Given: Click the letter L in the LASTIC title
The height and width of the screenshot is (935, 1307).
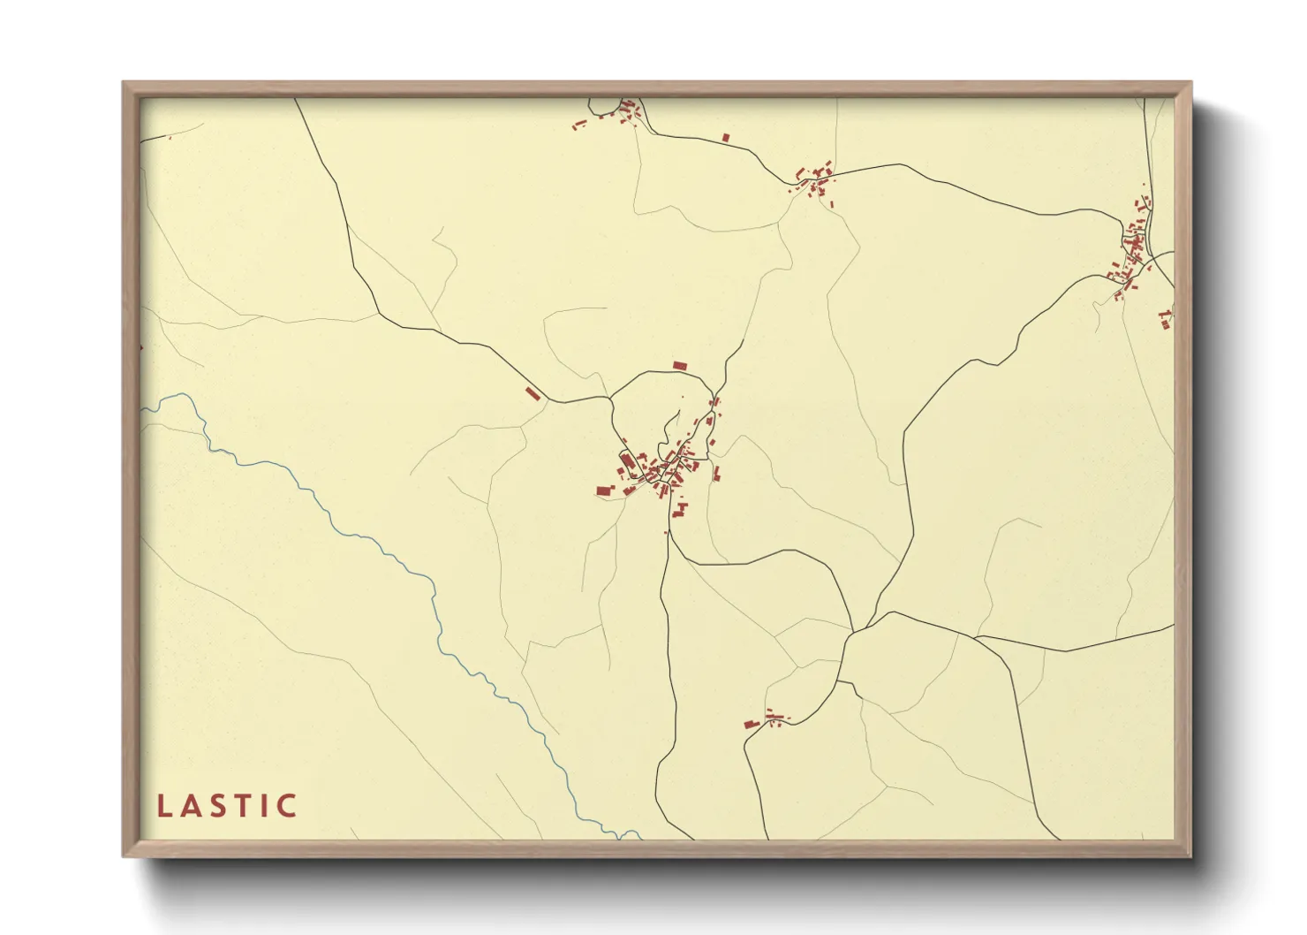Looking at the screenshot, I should point(162,806).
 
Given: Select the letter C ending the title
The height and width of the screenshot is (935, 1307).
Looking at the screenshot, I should point(287,806).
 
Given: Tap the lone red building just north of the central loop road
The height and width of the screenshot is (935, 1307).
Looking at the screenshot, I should point(679,365).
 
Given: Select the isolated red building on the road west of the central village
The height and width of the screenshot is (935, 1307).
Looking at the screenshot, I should point(533,393).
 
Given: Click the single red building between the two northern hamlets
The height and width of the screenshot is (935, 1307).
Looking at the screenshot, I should point(726,137).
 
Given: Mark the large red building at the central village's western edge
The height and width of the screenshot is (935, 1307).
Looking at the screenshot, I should point(604,490).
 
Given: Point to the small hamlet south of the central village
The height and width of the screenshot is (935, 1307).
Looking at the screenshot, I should point(767,720).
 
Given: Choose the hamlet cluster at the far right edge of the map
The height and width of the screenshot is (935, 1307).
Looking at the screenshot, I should point(1129,256).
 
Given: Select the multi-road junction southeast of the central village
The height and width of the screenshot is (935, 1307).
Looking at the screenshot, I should point(853,631).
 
